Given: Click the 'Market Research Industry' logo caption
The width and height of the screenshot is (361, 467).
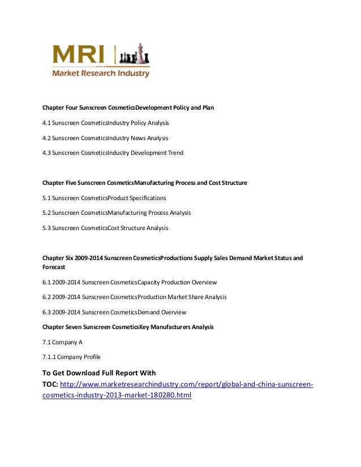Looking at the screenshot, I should (x=101, y=73).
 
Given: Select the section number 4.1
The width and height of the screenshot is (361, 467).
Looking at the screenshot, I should (x=47, y=123).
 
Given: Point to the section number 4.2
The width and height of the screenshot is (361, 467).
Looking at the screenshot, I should (x=47, y=138).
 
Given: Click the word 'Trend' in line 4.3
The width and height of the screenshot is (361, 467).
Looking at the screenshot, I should (x=175, y=153).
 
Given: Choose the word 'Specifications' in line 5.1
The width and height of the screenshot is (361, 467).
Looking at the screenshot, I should (x=148, y=198).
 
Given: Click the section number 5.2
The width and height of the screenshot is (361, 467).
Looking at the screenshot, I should (x=47, y=213).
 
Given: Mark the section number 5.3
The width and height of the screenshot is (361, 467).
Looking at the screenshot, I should (x=47, y=228).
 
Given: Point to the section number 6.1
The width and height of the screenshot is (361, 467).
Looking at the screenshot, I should (x=47, y=282).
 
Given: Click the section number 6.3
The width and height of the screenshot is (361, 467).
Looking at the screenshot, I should (x=47, y=312).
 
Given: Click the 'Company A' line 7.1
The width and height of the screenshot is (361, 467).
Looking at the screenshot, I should (x=62, y=342).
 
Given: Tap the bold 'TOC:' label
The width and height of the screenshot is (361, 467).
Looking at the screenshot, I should (x=50, y=385).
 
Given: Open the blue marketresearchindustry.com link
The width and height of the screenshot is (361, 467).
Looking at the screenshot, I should (x=186, y=385).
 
